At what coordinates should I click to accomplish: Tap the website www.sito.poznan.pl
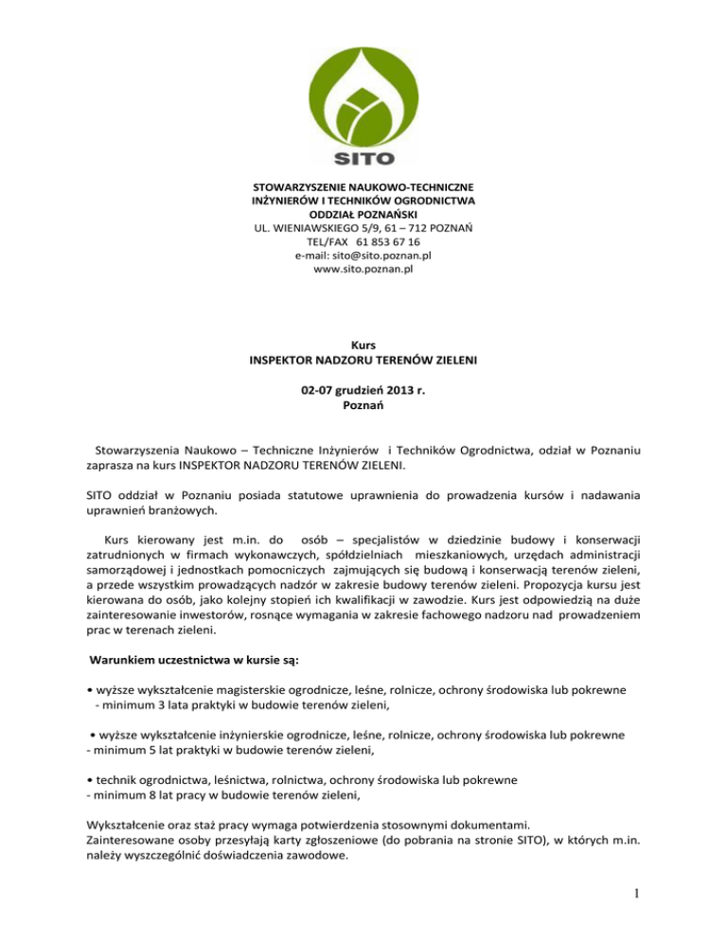click(x=364, y=269)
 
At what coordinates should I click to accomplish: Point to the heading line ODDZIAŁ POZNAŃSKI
click(x=364, y=214)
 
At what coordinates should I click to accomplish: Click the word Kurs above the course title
click(x=364, y=348)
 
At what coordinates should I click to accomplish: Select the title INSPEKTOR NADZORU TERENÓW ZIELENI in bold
click(x=364, y=363)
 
